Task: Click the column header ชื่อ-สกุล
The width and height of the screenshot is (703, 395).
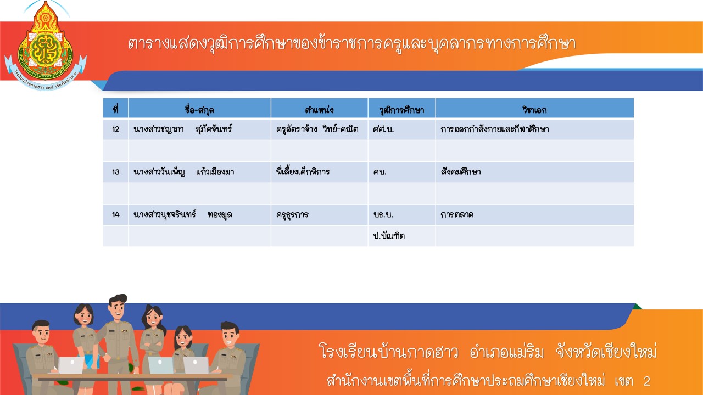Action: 199,110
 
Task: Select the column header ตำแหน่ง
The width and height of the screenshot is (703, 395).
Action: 319,110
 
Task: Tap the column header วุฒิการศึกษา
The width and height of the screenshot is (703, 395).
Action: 401,110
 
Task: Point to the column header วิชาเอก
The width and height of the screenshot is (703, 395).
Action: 534,110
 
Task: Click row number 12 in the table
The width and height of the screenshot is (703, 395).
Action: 115,129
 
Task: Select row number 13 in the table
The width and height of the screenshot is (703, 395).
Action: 115,172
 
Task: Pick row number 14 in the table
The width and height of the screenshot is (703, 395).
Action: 115,215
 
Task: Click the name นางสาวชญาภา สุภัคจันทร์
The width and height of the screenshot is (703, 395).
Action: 183,129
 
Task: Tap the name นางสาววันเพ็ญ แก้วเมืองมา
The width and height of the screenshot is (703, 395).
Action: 183,172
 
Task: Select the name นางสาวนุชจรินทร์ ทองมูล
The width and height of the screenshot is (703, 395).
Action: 183,215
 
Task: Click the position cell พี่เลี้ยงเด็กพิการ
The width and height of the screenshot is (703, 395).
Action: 303,171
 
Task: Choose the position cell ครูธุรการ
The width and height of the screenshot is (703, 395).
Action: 292,215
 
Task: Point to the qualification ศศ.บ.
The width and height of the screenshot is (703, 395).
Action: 383,129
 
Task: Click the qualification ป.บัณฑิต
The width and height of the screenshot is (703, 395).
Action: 389,235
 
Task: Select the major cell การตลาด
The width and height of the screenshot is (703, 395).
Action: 457,215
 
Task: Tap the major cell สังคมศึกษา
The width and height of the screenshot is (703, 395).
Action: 461,172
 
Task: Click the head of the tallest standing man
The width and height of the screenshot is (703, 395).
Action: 118,306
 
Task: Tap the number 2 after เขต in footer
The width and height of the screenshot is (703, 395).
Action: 647,381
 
